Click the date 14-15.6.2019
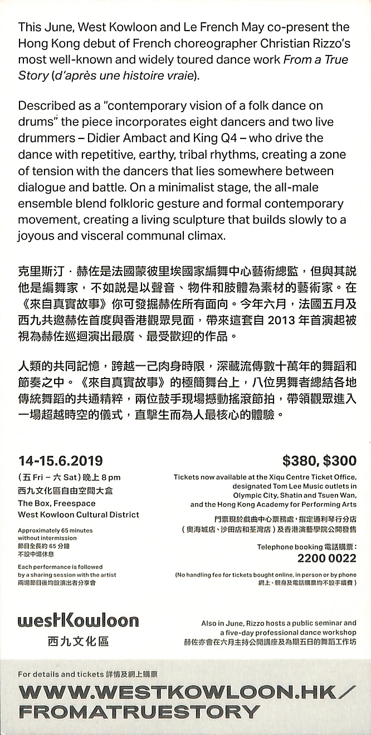[60, 460]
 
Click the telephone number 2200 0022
[326, 558]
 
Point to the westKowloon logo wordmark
[78, 620]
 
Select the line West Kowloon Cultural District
[79, 515]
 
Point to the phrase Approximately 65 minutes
[55, 530]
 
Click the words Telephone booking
[282, 547]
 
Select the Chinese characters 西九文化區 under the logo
[78, 642]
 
